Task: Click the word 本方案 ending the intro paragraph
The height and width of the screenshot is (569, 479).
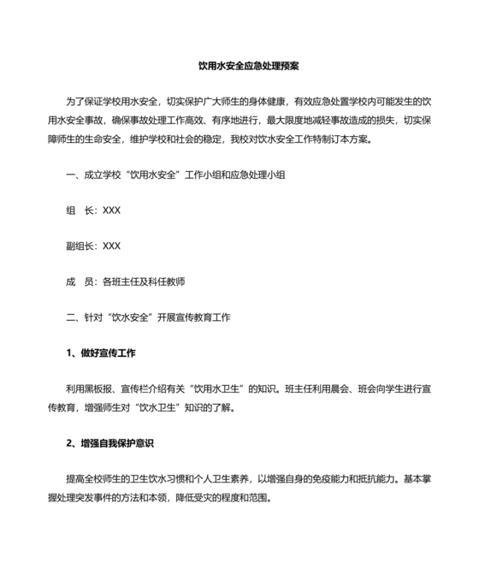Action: (377, 140)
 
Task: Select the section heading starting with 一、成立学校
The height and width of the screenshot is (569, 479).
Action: (175, 175)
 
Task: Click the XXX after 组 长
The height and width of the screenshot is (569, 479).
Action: (111, 210)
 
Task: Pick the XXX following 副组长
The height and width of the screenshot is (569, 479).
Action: (111, 246)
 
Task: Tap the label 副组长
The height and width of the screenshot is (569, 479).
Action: (80, 246)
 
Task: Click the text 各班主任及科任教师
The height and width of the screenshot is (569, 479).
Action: (144, 282)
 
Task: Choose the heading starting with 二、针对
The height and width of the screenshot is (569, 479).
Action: (147, 317)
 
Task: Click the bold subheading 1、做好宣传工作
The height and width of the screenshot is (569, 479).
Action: (100, 353)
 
